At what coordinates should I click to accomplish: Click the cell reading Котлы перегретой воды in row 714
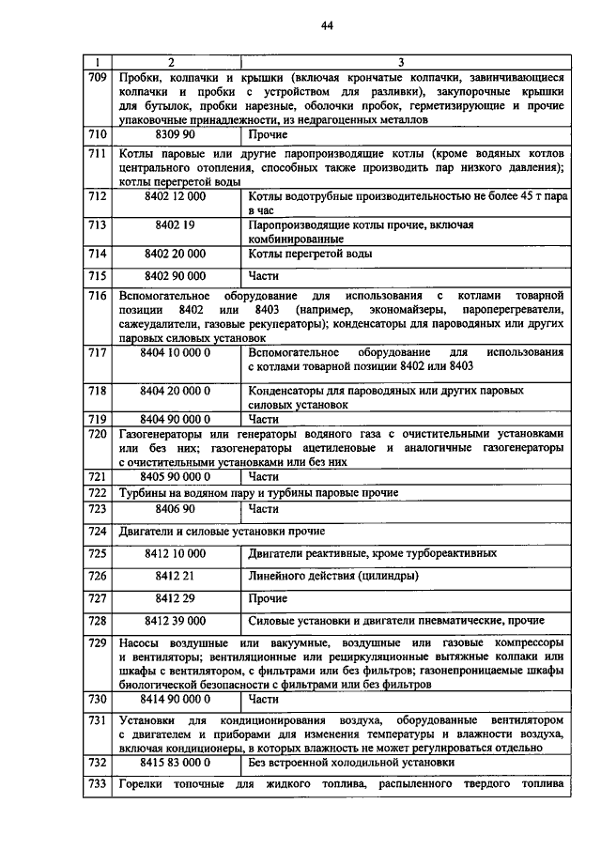coord(311,254)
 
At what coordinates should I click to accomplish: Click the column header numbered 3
coord(401,63)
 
